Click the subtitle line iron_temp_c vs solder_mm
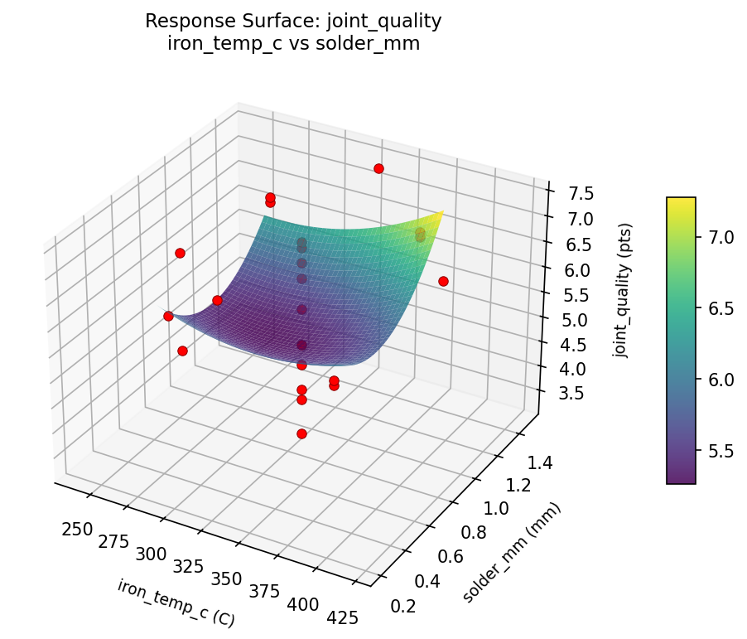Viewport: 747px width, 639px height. [293, 44]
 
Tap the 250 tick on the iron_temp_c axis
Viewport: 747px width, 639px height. [77, 529]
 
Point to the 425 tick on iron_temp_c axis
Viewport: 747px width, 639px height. [341, 617]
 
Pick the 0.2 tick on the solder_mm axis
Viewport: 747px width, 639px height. [403, 606]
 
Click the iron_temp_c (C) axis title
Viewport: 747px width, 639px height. [176, 603]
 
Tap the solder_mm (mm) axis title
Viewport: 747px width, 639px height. [512, 553]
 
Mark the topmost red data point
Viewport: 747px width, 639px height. [378, 168]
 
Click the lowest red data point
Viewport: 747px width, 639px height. [301, 433]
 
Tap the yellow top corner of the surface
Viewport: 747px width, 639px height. [441, 212]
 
